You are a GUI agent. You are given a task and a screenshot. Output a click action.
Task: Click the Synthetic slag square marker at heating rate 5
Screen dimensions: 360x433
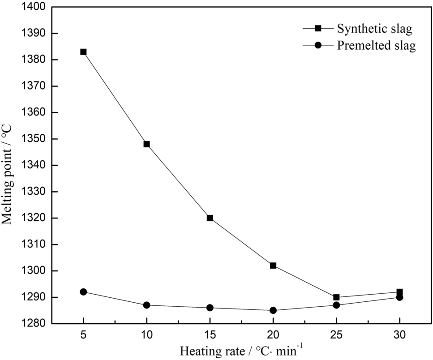coord(83,52)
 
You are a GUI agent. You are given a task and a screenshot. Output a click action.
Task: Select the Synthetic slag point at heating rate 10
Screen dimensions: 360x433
coord(146,144)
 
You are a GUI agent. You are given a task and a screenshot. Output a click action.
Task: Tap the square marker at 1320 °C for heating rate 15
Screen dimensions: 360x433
coord(210,218)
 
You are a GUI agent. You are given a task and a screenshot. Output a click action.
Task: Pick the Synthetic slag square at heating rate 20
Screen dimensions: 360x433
coord(273,266)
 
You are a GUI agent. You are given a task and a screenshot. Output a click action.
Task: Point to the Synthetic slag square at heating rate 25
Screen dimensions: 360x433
coord(336,297)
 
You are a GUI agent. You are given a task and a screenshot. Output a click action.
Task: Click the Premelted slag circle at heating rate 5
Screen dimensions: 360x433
coord(83,292)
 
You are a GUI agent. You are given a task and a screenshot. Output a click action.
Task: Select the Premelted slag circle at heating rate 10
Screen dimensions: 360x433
coord(146,305)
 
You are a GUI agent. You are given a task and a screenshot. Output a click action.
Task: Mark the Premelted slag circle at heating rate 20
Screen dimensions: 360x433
coord(273,310)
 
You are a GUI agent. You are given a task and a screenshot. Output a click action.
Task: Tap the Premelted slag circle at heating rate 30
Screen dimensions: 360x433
coord(399,297)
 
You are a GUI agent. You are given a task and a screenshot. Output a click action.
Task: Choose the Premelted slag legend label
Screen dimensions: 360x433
coord(377,46)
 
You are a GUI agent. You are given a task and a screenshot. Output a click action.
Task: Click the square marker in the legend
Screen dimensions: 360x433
coord(318,29)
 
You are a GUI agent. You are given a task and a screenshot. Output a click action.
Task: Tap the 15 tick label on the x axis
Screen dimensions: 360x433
coord(210,334)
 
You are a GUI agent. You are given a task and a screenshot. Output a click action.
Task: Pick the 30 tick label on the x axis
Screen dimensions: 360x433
coord(399,334)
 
